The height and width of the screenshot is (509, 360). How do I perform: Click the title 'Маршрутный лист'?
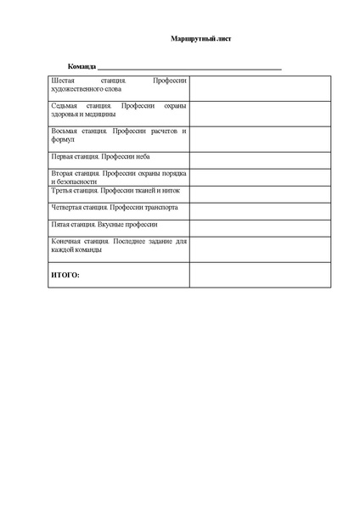(194, 39)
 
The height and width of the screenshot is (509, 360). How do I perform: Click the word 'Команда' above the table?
(82, 66)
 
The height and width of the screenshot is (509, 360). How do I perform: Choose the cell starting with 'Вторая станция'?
(119, 176)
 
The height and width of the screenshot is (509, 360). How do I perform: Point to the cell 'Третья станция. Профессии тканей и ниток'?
(119, 191)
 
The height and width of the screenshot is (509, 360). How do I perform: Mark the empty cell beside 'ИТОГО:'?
(260, 275)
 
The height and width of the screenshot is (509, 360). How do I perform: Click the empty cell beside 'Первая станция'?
(260, 159)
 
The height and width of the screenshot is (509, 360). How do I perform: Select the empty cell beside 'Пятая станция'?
(260, 227)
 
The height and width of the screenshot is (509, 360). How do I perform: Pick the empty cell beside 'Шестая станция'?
(260, 87)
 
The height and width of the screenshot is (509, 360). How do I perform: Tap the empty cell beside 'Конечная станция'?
(260, 249)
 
